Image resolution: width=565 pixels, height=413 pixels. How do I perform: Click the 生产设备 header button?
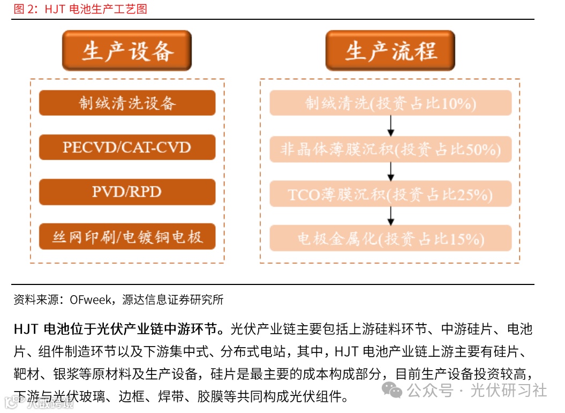point(127,51)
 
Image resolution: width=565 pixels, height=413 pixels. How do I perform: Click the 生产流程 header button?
point(390,51)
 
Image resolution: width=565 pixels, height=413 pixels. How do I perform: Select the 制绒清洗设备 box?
point(127,103)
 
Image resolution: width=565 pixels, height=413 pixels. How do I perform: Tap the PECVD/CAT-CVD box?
point(127,147)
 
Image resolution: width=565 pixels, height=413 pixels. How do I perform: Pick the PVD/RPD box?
point(127,192)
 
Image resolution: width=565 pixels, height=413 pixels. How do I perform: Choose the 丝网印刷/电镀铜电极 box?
point(127,237)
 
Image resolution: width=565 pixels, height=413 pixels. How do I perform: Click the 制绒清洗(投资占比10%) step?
point(390,103)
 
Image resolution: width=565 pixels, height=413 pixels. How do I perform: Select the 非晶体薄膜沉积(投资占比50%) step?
point(390,149)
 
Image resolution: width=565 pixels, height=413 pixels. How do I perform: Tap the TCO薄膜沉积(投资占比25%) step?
point(390,194)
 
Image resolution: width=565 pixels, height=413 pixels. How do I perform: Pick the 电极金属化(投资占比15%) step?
point(390,238)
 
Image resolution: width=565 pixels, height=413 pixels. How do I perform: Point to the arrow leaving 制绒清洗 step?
point(390,126)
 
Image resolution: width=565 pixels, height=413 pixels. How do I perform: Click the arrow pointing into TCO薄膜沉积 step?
point(390,171)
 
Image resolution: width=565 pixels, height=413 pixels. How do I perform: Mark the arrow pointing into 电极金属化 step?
point(390,216)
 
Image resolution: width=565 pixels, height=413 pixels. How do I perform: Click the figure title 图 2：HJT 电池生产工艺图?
point(80,9)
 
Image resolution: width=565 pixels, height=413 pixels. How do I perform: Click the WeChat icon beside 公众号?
point(395,391)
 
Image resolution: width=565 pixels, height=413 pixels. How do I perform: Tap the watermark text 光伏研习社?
point(508,391)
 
